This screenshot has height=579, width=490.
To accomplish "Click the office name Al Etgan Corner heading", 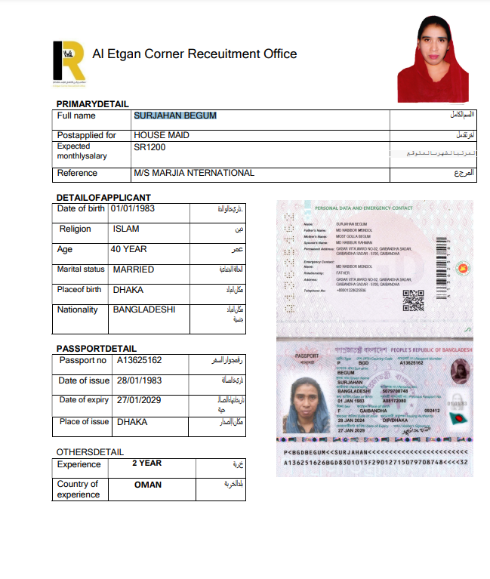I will pos(194,54).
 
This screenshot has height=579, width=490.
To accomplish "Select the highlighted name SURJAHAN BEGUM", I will pos(175,115).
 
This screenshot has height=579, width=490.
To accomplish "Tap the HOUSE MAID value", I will pos(162,135).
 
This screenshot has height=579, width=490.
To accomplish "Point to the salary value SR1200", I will pos(149,148).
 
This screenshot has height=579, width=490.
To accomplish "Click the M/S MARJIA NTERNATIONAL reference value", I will pos(194,173).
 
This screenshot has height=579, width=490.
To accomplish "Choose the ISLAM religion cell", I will pos(126,229).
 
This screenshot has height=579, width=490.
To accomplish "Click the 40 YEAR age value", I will pos(128,249).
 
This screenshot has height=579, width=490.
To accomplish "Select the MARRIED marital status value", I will pos(134,269).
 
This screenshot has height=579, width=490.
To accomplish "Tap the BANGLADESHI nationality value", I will pos(144,310).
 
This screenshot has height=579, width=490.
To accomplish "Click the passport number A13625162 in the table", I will pos(140,360).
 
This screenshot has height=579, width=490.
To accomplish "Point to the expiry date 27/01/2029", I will pos(140,401).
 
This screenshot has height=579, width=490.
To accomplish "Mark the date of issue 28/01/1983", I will pos(140,380).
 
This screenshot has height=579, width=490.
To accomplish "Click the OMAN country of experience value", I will pos(148,485).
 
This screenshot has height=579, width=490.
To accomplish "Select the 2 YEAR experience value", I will pos(147,463).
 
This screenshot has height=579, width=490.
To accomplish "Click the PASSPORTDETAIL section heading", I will pos(97,349).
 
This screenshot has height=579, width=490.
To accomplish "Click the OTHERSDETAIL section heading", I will pos(89,451).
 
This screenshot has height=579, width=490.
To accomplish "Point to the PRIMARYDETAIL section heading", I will pos(93,103).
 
